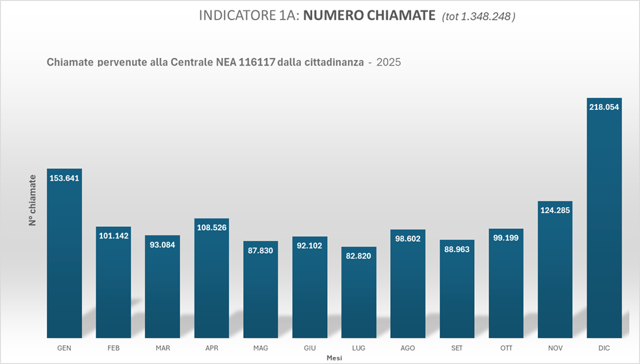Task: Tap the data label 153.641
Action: (64, 178)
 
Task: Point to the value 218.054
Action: (604, 107)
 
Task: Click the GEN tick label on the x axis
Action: (64, 348)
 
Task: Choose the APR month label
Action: (211, 348)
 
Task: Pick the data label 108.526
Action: (211, 228)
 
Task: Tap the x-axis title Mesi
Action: (334, 357)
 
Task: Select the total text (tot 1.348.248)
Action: (478, 17)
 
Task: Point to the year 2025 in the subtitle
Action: (388, 62)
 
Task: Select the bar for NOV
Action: (555, 273)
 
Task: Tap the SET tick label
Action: (457, 348)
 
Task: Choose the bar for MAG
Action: (261, 292)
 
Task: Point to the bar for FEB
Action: (114, 286)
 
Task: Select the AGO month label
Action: (408, 348)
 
